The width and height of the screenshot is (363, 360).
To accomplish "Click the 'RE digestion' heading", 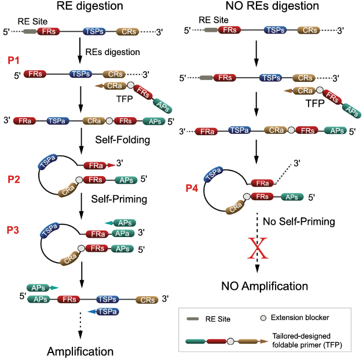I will (x=87, y=8).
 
